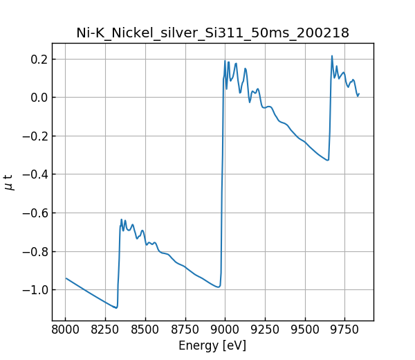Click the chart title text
[212, 33]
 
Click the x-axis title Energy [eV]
[212, 345]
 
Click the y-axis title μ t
[9, 181]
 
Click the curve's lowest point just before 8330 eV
[116, 307]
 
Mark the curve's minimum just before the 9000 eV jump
[219, 287]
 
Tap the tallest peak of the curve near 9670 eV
[332, 56]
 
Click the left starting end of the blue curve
[66, 278]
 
